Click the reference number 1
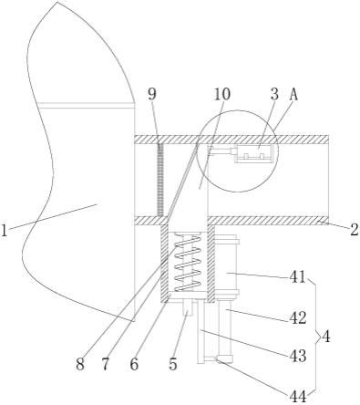(x=4, y=230)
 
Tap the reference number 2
(x=355, y=230)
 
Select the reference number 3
(x=274, y=94)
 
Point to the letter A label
(x=293, y=94)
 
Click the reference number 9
(x=152, y=94)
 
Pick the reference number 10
(x=222, y=94)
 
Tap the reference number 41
(x=297, y=276)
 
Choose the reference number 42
(x=298, y=318)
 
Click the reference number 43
(x=298, y=356)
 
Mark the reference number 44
(x=298, y=397)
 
